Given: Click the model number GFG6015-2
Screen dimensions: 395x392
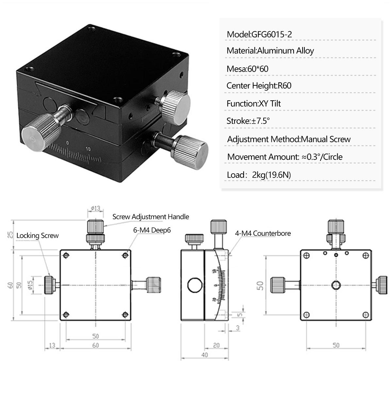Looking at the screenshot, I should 271,34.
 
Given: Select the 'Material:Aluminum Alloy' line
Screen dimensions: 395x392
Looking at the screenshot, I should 270,51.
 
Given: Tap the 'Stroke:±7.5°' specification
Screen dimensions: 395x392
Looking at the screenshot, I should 248,121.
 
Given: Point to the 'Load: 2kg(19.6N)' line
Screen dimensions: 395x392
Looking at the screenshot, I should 259,175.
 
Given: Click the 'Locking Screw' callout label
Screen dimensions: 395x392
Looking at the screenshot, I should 38,236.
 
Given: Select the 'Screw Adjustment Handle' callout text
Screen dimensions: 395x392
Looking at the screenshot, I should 151,217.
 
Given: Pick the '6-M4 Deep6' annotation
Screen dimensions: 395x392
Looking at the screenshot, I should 152,230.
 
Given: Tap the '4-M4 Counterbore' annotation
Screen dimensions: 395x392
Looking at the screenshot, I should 263,233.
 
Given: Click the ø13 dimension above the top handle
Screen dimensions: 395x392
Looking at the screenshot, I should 95,208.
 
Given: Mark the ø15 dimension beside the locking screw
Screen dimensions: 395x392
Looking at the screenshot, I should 30,285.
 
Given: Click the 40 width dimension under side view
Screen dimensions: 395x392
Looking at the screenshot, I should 204,355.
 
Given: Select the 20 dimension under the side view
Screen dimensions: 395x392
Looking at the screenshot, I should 216,345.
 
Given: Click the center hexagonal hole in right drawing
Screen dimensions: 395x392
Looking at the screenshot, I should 336,285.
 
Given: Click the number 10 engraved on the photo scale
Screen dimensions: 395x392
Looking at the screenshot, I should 88,149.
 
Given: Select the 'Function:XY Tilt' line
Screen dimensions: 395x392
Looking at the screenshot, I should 253,104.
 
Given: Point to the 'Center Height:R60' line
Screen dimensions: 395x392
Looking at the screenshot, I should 259,86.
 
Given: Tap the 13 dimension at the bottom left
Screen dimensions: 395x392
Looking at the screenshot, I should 52,345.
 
